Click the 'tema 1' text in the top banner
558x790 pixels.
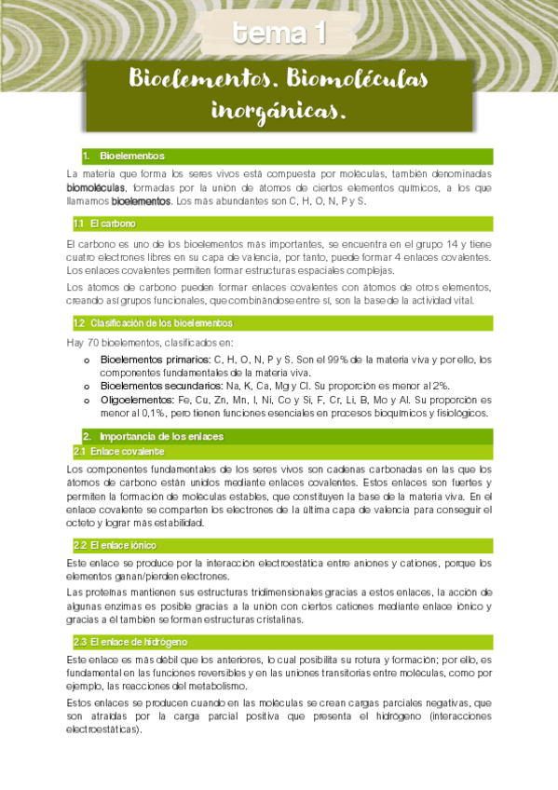click(279, 34)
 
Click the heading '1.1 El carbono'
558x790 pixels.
click(105, 224)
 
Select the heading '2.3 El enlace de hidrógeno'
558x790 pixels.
click(130, 642)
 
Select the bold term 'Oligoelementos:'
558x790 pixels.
click(138, 400)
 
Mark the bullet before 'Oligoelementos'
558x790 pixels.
click(88, 401)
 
